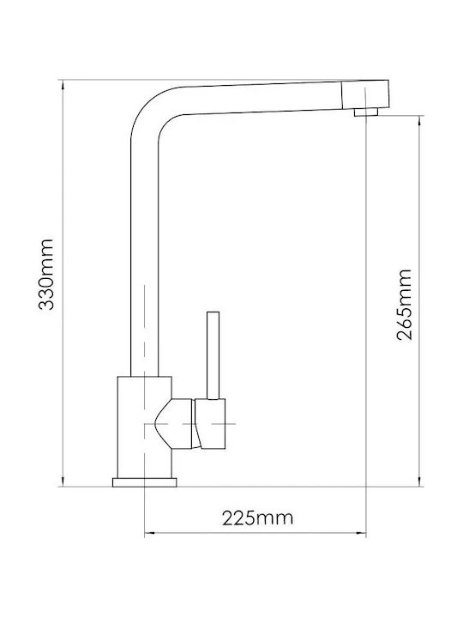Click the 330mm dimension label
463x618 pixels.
tap(46, 275)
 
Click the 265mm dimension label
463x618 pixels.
tap(405, 305)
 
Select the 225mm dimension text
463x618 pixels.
tap(258, 518)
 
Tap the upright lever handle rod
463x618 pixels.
tap(213, 355)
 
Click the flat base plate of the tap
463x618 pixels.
tap(145, 482)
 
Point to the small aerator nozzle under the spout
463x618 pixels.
tap(366, 112)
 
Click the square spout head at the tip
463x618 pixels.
tap(365, 95)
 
